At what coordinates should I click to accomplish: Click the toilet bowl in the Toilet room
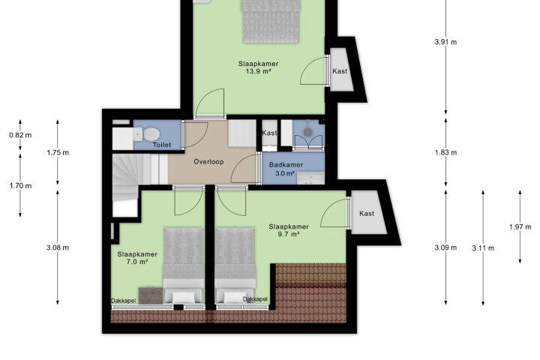151,134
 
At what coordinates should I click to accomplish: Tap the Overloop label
208,161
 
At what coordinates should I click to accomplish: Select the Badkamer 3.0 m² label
286,169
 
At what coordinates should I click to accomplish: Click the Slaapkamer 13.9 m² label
258,67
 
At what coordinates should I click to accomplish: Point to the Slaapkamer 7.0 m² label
137,258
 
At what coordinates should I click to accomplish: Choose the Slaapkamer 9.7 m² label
289,230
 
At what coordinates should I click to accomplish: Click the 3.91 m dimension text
445,42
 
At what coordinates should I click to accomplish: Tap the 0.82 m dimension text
20,135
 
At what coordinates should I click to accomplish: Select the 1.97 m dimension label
520,227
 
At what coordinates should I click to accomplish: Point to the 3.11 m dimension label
483,248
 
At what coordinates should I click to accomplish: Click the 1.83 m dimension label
445,152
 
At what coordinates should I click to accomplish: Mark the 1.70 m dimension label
20,186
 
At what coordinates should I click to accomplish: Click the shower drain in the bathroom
307,131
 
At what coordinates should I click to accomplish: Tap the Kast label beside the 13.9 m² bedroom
340,71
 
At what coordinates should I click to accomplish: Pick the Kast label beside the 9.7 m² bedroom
367,214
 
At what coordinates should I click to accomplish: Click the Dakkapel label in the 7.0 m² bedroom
123,301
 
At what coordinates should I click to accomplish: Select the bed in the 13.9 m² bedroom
271,21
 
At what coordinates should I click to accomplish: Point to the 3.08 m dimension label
58,247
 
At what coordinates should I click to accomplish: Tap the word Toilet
162,145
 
